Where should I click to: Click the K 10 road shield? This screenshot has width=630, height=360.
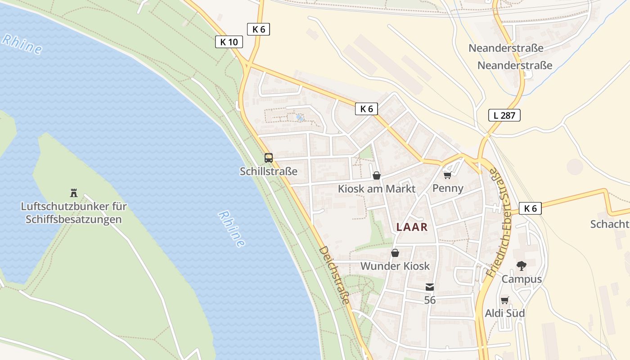coord(229,42)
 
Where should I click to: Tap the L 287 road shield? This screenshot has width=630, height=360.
coord(504,115)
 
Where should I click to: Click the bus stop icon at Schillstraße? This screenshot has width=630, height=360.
coord(269,158)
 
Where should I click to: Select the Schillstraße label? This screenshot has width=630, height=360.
coord(269,171)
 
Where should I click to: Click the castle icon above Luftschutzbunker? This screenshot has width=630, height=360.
coord(74,193)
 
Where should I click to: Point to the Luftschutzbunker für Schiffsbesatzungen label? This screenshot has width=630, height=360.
coord(74,213)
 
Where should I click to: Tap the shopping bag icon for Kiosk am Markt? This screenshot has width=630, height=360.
coord(377,175)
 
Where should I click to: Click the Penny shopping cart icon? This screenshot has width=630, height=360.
coord(447,175)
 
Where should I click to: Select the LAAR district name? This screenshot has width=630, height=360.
coord(412,227)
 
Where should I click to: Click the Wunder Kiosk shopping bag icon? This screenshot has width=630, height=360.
coord(395,253)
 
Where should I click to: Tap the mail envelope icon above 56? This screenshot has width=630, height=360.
coord(430,287)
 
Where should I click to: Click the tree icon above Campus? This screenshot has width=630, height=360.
coord(522,266)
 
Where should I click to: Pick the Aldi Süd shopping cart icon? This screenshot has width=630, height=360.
coord(504,300)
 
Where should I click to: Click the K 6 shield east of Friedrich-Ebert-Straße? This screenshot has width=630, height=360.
coord(530,208)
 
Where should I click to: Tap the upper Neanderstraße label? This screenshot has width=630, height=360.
coord(506,48)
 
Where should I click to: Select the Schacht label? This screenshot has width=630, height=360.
coord(610,224)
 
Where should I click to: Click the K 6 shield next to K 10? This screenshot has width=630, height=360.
coord(258,30)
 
